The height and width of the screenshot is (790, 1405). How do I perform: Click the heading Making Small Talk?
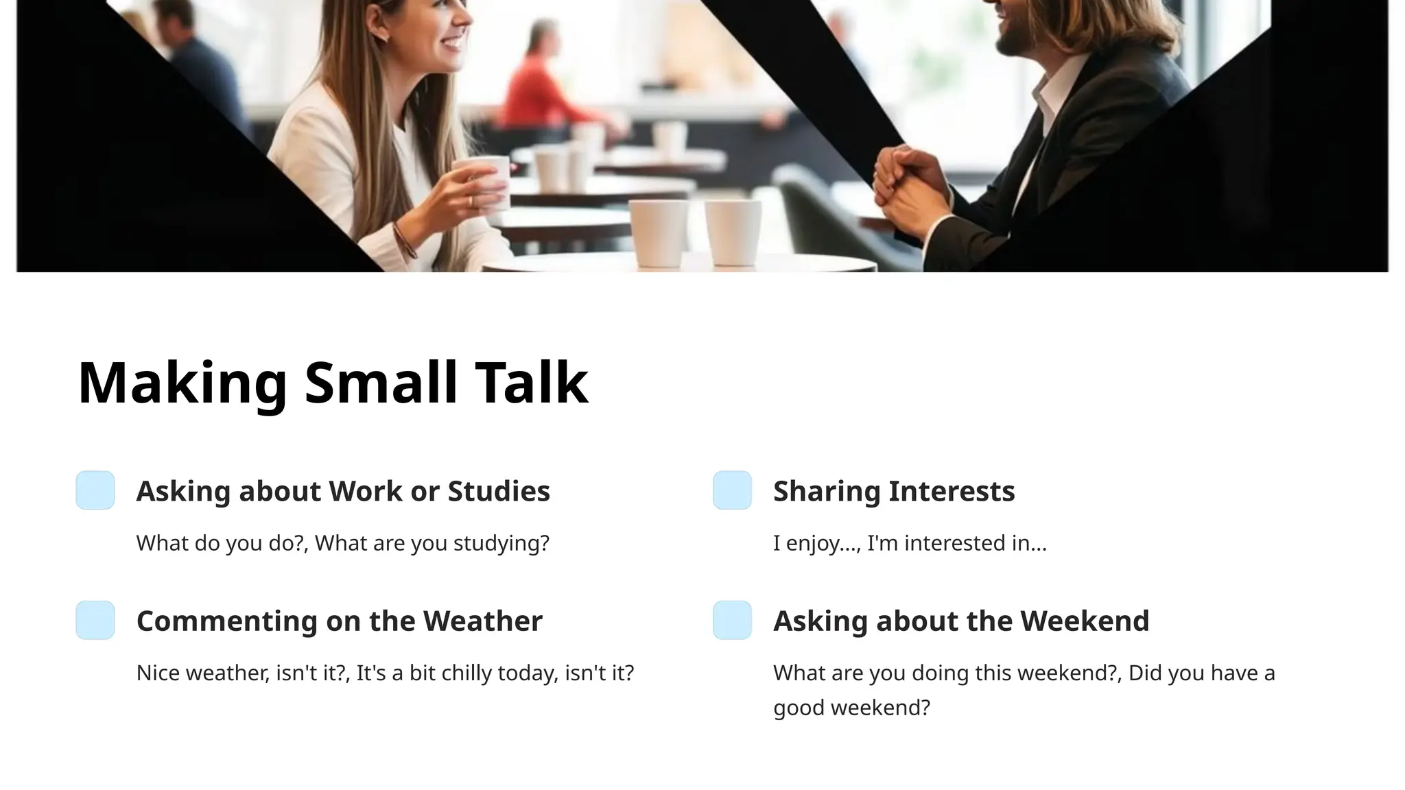(x=333, y=383)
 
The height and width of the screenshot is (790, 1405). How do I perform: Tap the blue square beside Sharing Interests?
(x=732, y=490)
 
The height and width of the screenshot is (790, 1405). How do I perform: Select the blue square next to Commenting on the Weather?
(x=95, y=620)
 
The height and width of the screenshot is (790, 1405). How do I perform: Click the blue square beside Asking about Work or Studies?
(x=95, y=490)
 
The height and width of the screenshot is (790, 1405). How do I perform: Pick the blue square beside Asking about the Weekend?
(x=732, y=620)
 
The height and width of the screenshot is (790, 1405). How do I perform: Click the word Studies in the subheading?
(x=499, y=491)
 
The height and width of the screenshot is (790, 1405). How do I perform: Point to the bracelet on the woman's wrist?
(x=405, y=240)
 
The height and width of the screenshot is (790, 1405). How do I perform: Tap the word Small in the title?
(x=381, y=383)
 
